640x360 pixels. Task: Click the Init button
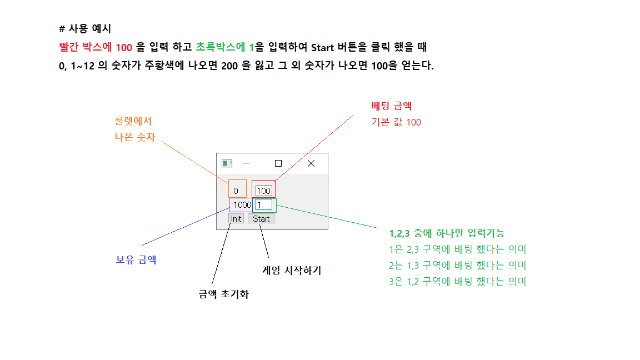236,219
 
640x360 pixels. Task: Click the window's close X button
311,163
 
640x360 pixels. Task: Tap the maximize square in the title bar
278,163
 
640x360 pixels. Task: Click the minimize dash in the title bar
246,163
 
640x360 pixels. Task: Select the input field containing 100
263,191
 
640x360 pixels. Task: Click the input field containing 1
264,204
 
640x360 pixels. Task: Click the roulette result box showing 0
237,190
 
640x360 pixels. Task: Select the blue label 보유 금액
136,259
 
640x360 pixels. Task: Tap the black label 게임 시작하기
292,271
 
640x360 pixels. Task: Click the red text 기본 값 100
396,122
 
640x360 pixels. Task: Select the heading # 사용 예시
85,28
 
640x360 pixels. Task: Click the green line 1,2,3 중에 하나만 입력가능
447,233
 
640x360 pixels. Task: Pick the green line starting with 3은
458,282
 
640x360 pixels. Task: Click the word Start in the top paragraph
323,47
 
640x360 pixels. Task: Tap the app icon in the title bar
227,163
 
